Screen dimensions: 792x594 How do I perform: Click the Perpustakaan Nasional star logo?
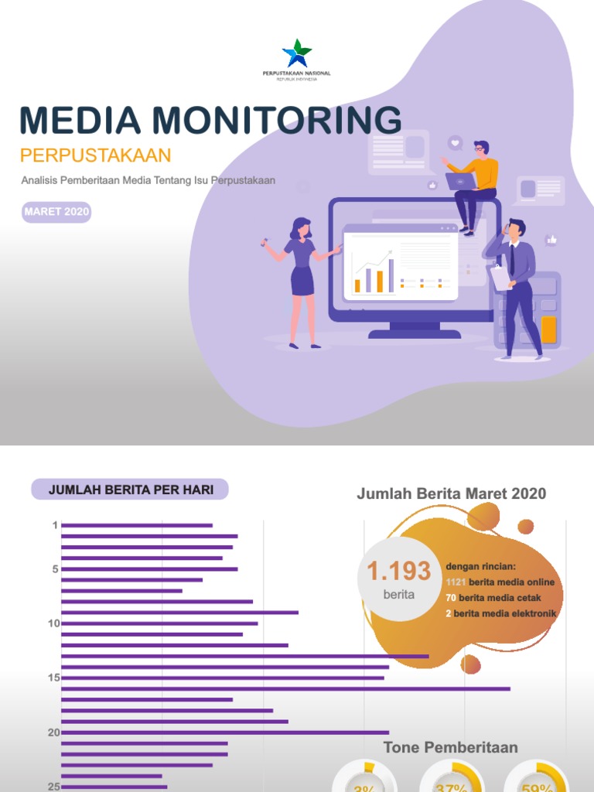[x=297, y=53]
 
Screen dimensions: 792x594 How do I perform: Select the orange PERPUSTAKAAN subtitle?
[x=95, y=155]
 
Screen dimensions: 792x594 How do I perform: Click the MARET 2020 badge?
[x=56, y=212]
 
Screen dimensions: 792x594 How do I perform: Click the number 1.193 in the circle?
[x=398, y=572]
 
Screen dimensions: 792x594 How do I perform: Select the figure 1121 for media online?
[x=456, y=582]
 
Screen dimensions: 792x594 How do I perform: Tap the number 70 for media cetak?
[x=451, y=598]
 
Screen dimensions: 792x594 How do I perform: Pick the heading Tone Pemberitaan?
[x=450, y=747]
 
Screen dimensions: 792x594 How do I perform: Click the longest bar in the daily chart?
[x=285, y=688]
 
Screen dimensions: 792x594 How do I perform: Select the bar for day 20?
[x=224, y=732]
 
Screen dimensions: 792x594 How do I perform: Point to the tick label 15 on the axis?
[x=53, y=678]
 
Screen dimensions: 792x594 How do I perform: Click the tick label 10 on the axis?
[x=53, y=623]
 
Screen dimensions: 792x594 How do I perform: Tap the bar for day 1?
[x=136, y=525]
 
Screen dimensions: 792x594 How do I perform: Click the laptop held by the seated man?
[x=461, y=181]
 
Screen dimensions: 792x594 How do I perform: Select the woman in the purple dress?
[x=302, y=271]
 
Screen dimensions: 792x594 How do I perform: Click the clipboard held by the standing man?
[x=500, y=278]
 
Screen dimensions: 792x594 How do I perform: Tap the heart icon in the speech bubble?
[x=455, y=143]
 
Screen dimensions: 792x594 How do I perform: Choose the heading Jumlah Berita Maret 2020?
[x=451, y=494]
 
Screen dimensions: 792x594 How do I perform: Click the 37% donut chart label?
[x=451, y=785]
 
